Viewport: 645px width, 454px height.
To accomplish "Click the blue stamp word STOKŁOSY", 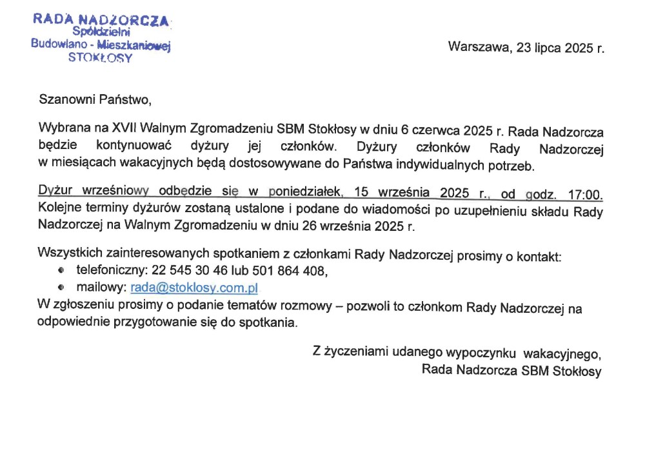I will click(x=100, y=57).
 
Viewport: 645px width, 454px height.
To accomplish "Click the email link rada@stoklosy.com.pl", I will click(x=194, y=288).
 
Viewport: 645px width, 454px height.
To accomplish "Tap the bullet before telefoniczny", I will click(x=62, y=271).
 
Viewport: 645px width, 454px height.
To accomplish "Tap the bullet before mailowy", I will click(x=62, y=288).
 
